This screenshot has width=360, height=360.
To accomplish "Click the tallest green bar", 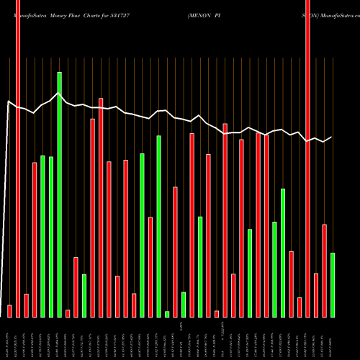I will click(x=59, y=194).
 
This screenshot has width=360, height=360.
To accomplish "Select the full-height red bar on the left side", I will click(x=18, y=158).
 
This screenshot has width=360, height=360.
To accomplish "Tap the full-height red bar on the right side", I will click(x=307, y=158).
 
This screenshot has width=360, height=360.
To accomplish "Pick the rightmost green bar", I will click(x=333, y=284).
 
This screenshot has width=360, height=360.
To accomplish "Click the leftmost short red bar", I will click(x=9, y=311).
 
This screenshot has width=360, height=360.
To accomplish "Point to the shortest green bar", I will click(x=167, y=314).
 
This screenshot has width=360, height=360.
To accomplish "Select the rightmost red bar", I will click(x=324, y=270).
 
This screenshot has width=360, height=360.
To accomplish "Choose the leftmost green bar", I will click(x=42, y=236).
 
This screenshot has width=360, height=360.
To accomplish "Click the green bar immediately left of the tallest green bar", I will click(x=51, y=236).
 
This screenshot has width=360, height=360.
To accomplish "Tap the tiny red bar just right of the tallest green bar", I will click(x=68, y=313).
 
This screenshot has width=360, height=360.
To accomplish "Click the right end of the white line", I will click(x=332, y=137).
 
